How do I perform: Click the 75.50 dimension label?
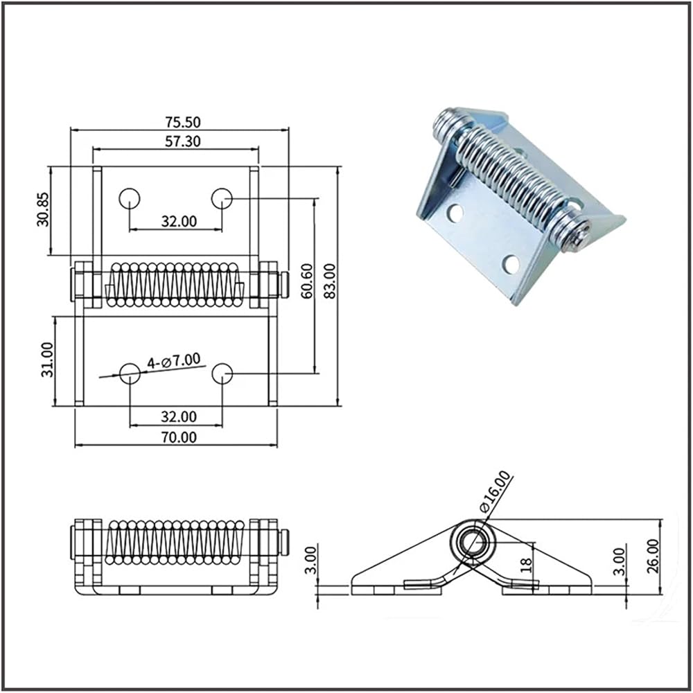182,121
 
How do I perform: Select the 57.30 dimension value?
182,141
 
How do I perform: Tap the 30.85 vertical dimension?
43,209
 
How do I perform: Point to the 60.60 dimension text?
306,281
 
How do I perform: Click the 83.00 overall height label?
330,281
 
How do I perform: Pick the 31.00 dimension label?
47,360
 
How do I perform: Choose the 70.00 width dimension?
179,437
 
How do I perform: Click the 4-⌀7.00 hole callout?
174,361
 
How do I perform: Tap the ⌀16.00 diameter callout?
495,491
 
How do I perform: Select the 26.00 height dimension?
653,556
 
